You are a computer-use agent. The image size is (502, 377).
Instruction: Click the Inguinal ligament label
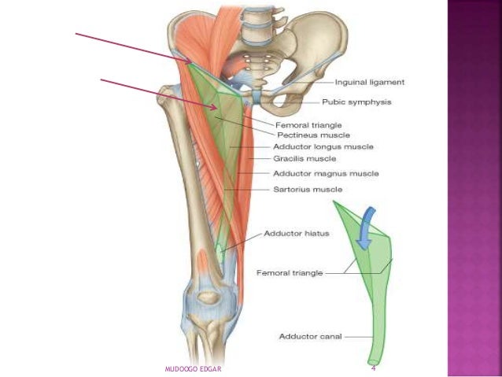[x=370, y=82]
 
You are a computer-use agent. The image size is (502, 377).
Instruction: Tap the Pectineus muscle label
[x=312, y=135]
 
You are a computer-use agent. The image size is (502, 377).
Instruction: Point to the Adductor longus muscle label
[x=323, y=146]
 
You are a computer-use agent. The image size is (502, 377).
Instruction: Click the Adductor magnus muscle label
[x=325, y=173]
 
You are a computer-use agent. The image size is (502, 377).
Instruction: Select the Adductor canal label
[x=308, y=337]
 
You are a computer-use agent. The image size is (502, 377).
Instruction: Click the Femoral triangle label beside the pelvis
[x=308, y=124]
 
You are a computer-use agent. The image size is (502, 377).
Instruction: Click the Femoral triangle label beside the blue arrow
[x=290, y=273]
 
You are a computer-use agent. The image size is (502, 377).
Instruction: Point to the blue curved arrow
[x=363, y=228]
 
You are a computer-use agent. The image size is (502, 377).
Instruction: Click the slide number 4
[x=373, y=368]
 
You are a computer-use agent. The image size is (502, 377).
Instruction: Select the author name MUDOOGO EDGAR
[x=193, y=368]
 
